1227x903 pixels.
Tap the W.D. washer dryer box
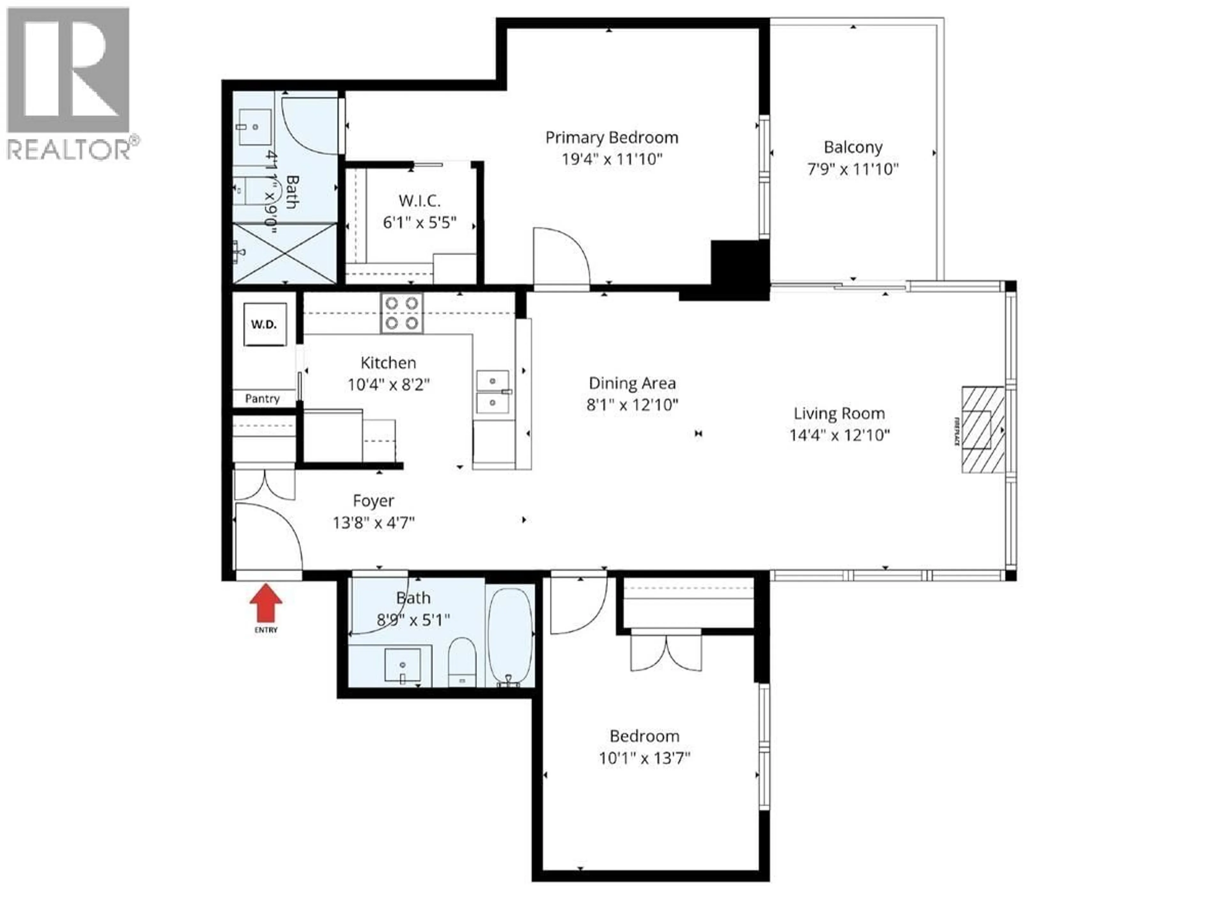click(265, 324)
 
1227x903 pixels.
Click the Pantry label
click(262, 398)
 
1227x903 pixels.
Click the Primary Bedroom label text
click(612, 138)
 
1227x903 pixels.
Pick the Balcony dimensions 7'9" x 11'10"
click(853, 169)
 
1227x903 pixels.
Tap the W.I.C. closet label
click(419, 201)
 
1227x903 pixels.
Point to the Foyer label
click(373, 501)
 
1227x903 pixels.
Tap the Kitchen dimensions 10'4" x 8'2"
click(389, 385)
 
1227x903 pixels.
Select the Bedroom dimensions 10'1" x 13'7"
click(644, 758)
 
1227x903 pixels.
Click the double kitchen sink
click(492, 391)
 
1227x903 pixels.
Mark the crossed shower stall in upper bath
click(285, 252)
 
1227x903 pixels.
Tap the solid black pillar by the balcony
click(739, 269)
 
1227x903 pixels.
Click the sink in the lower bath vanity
click(402, 665)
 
